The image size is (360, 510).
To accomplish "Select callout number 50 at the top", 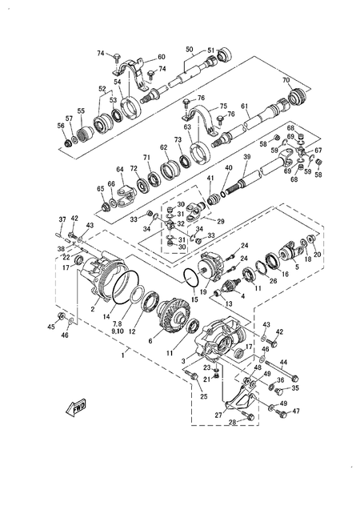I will click(189, 50).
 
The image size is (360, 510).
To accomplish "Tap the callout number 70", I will click(286, 81).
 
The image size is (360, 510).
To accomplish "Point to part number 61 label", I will click(245, 106).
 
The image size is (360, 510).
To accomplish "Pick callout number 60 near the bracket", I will click(161, 57).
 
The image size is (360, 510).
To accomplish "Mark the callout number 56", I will click(62, 126).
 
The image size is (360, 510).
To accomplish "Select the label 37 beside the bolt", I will click(62, 219).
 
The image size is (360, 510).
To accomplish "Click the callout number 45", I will click(51, 327).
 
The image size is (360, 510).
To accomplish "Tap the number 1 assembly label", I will click(121, 353).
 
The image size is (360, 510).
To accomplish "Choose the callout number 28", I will click(232, 423).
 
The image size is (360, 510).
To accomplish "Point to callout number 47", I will click(295, 411).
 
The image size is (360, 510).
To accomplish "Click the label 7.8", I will click(116, 323).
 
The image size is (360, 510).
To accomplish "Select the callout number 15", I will click(194, 299).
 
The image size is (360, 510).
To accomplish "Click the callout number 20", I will click(318, 255).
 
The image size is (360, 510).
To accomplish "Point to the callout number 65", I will click(101, 189).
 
